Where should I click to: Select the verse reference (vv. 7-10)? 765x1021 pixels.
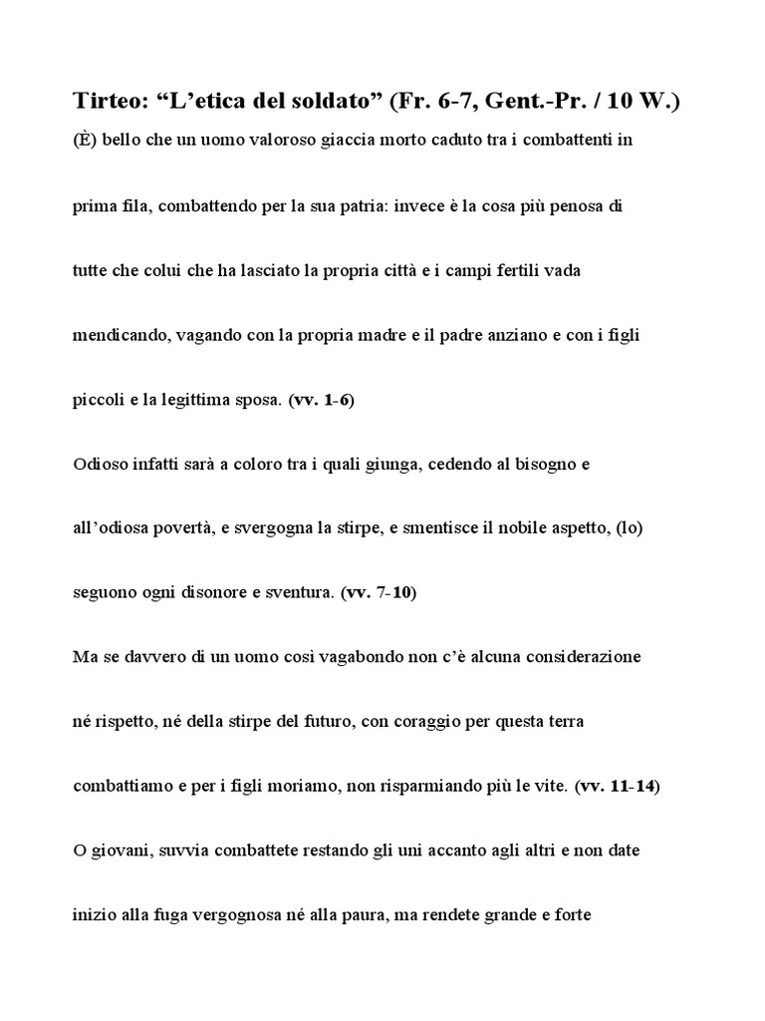pos(380,592)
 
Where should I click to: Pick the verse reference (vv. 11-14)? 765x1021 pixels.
pos(619,787)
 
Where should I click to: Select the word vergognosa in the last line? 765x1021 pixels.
pos(281,916)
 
